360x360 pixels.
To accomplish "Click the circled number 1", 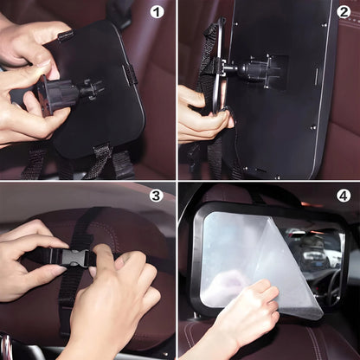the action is point(157,12).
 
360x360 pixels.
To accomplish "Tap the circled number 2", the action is point(344,12).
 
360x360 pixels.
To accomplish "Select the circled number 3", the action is point(156,196).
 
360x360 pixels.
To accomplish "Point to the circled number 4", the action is point(344,196).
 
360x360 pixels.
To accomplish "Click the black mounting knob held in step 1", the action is point(58,93).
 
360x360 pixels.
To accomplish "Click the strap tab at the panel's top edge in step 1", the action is point(67,35).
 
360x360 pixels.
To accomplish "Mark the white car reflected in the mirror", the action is point(313,257).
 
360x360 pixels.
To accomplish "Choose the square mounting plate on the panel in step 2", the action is point(270,72).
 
